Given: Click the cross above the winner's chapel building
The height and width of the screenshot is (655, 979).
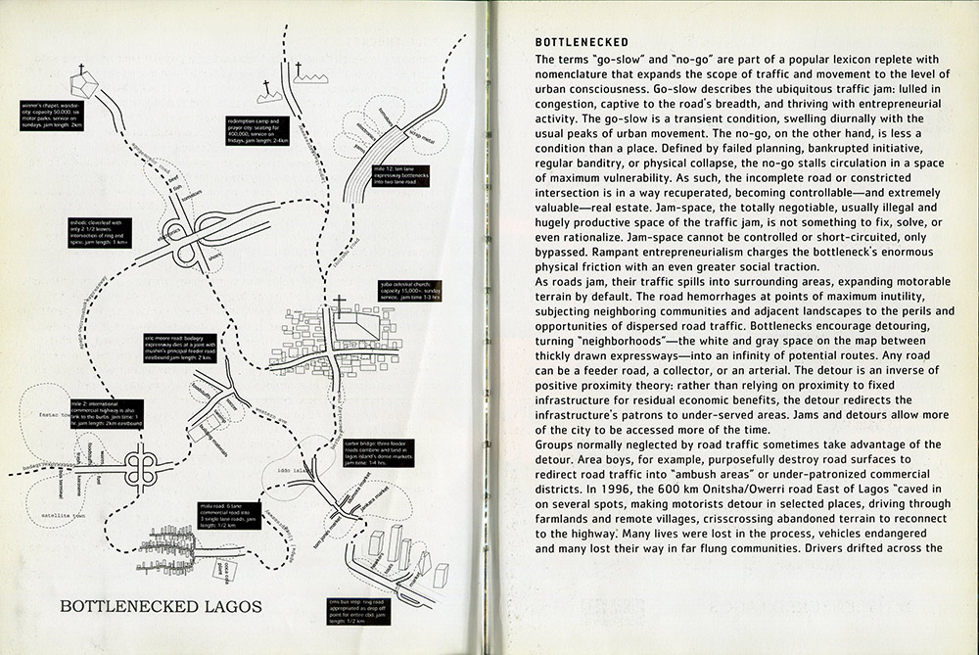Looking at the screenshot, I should [x=81, y=70].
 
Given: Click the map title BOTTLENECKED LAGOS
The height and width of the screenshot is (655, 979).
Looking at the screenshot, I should [x=162, y=606].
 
